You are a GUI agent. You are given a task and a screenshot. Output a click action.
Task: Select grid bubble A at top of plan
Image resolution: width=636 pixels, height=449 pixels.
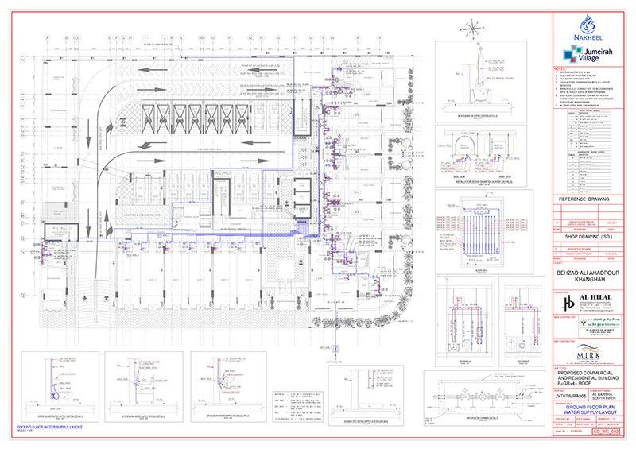pyautogui.click(x=48, y=37)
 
